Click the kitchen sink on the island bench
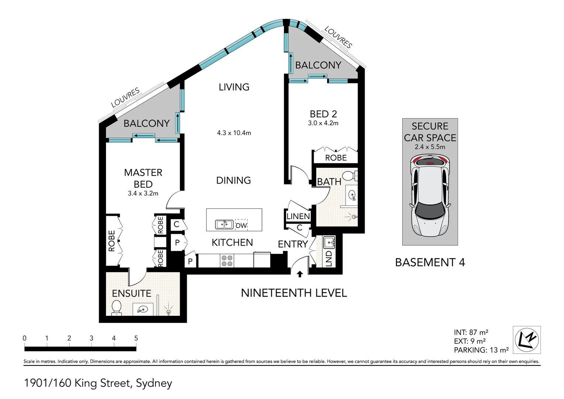[x=224, y=224]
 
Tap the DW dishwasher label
[x=241, y=225]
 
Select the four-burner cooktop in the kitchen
[x=227, y=261]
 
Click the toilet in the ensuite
[x=117, y=308]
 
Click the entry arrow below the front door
[x=300, y=274]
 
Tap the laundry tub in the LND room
[x=329, y=243]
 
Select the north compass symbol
[x=527, y=340]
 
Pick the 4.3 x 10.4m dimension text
[x=234, y=133]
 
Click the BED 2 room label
[x=323, y=114]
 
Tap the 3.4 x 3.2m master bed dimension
[x=143, y=193]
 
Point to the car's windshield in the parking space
[x=430, y=211]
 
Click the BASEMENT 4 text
[x=430, y=262]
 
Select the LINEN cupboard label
[x=298, y=216]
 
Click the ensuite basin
[x=143, y=310]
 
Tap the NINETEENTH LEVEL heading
[x=294, y=293]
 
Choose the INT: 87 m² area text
[x=471, y=332]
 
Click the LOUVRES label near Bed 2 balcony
[x=338, y=37]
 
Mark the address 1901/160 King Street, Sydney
[x=98, y=383]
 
